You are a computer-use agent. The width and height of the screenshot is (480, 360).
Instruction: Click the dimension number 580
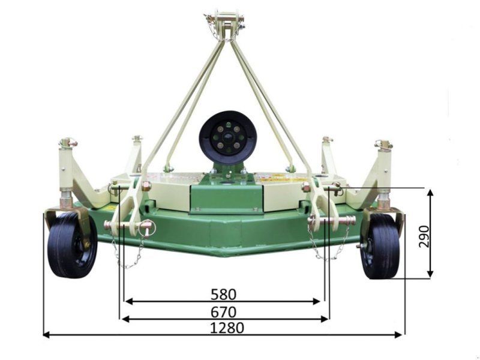(x=223, y=294)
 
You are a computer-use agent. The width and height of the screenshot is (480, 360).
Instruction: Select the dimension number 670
(x=223, y=312)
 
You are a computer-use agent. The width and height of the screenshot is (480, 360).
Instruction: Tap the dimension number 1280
(x=227, y=328)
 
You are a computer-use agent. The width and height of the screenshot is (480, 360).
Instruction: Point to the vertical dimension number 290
(x=424, y=236)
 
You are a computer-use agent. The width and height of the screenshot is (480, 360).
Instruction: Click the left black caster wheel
(x=72, y=245)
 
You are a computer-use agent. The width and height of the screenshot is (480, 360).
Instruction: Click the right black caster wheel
(x=380, y=247)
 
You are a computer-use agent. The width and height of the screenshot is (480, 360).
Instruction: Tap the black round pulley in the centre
(x=228, y=138)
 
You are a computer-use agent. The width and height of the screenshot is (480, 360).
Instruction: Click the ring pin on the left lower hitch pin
(x=148, y=228)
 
